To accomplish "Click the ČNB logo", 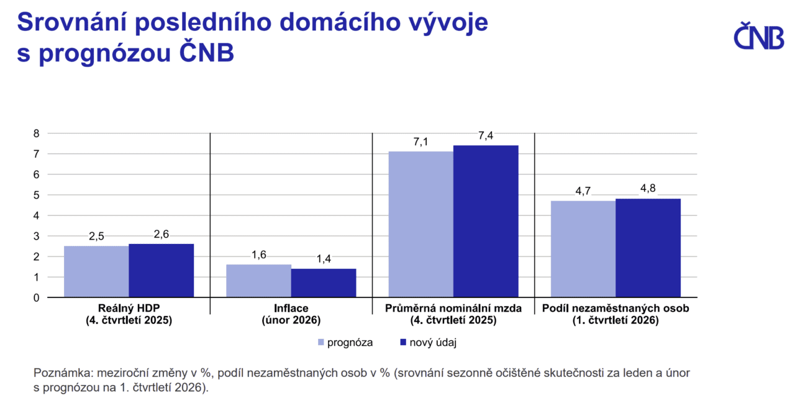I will (759, 36).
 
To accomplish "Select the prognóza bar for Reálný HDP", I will (96, 271).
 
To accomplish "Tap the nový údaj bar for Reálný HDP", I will (161, 270).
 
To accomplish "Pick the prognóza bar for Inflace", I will (258, 281).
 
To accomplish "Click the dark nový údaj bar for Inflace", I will (324, 282).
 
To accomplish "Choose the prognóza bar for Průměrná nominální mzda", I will (420, 224).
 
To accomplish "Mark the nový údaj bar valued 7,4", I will (486, 221).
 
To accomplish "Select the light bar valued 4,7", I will (583, 248).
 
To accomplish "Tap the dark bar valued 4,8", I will (648, 248).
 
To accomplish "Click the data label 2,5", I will (96, 237).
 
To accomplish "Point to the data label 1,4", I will (324, 259).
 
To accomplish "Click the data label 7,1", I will (420, 142).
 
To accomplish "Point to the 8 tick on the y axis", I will (36, 133).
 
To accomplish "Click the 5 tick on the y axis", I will (36, 195).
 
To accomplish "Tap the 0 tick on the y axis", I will (36, 297).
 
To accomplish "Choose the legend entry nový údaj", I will (429, 342).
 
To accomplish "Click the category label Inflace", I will (291, 308).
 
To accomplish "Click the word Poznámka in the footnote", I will (60, 373).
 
